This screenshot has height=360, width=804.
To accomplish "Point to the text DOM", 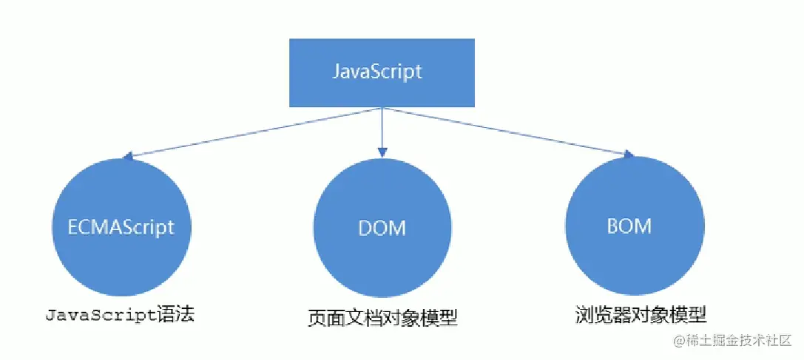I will point(382,227).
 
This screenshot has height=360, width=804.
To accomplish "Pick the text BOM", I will point(629,225).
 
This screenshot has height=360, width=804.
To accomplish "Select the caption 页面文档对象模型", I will point(382,319).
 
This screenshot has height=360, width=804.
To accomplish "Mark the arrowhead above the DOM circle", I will point(382,152).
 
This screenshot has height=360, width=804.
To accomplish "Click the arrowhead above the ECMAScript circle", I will point(128,157).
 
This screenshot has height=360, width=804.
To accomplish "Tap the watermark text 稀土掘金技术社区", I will point(740,341).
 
